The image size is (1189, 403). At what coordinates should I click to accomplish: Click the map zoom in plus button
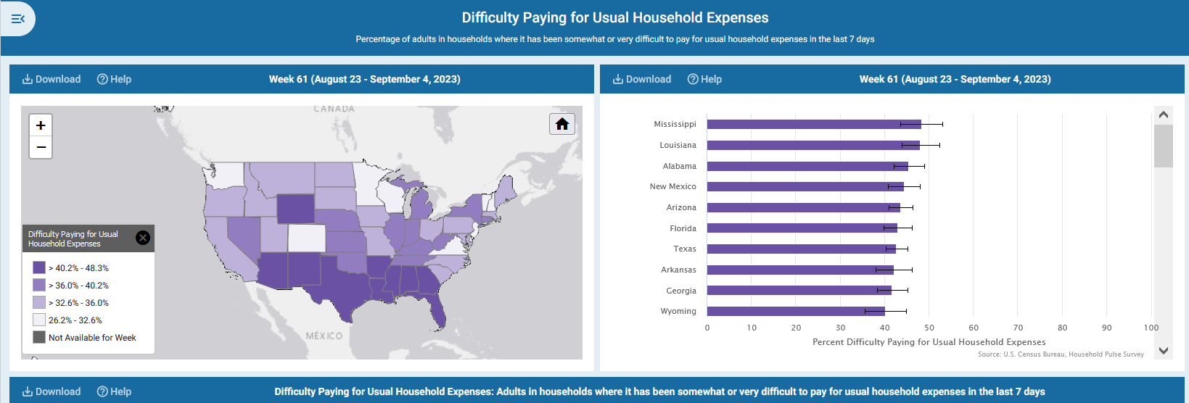click(41, 125)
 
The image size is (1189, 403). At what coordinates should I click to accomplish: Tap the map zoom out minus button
click(41, 147)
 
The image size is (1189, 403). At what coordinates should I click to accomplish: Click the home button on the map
click(562, 124)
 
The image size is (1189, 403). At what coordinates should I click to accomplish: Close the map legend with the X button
click(143, 238)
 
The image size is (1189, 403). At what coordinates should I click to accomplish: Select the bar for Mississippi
click(813, 125)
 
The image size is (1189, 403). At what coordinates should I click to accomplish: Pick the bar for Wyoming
click(795, 312)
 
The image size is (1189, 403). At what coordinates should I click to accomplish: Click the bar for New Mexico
click(805, 187)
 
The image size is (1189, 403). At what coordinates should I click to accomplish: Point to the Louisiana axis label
click(678, 146)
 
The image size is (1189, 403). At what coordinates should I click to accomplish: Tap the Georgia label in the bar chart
click(681, 291)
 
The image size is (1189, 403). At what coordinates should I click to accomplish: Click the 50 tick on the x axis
click(929, 328)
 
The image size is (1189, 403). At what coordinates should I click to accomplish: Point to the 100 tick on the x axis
click(1151, 328)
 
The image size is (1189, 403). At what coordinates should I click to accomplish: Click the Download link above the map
click(52, 79)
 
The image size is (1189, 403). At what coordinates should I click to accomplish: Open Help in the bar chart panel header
click(704, 79)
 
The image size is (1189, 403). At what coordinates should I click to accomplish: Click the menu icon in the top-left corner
click(18, 18)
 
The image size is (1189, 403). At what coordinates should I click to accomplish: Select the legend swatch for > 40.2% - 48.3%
click(39, 267)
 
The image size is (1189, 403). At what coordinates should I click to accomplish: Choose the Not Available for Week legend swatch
click(39, 337)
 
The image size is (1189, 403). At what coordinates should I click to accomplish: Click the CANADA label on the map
click(334, 109)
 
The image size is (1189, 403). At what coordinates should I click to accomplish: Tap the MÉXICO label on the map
click(324, 336)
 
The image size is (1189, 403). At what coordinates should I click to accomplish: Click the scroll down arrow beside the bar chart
click(1164, 350)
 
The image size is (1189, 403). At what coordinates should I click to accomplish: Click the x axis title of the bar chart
click(929, 342)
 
